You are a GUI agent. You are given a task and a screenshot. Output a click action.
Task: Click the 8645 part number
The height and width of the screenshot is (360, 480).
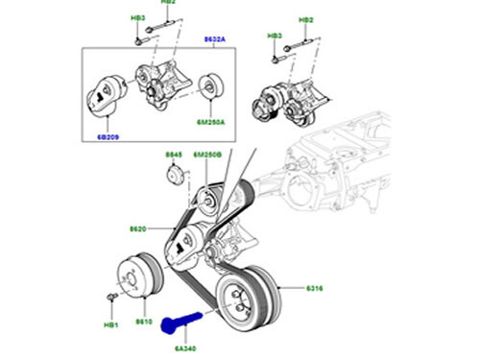(173, 155)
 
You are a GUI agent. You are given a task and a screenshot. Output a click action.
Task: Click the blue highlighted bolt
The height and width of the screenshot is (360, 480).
(180, 323)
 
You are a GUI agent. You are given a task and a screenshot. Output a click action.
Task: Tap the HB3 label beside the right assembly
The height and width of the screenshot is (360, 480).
(274, 36)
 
